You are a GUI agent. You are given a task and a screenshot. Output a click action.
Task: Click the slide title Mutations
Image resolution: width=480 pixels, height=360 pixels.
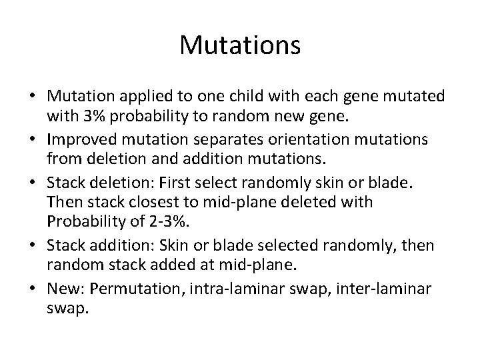240,46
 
